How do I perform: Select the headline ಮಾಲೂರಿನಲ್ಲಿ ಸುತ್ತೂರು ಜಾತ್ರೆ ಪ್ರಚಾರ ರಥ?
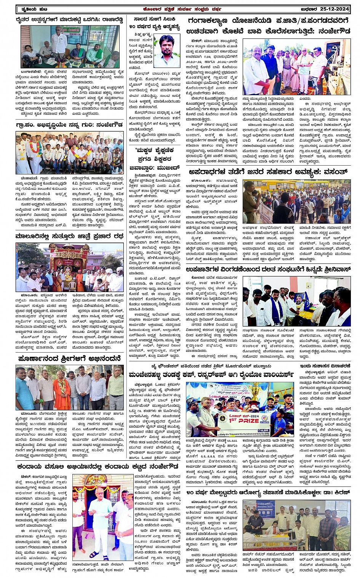pyautogui.click(x=69, y=236)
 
